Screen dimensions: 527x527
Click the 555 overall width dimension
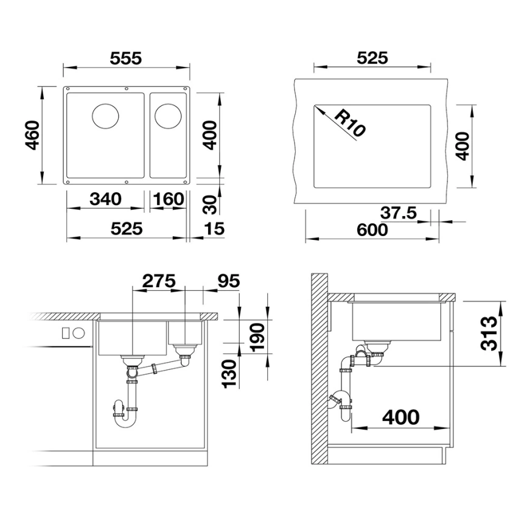coord(126,58)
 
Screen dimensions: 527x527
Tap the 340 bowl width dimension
coord(105,199)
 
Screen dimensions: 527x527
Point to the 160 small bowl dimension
coord(169,199)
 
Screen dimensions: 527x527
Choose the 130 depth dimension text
coord(229,373)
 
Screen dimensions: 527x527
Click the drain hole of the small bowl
coord(167,115)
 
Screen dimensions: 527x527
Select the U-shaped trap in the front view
coord(126,415)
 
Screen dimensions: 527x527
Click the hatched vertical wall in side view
coord(318,371)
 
